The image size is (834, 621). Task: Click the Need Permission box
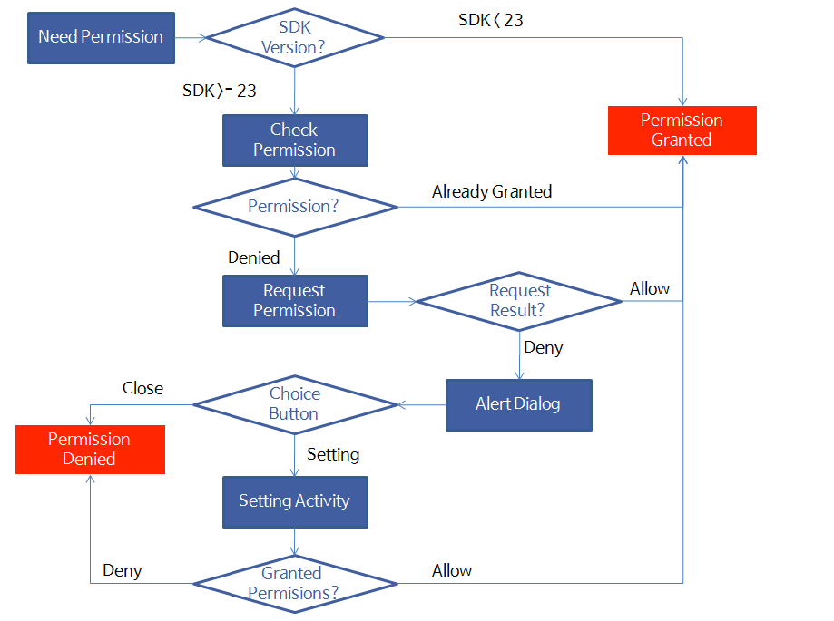101,37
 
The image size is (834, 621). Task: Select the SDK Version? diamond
294,37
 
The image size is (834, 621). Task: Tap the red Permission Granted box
682,130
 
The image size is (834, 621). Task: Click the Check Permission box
295,140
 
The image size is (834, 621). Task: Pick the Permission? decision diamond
294,207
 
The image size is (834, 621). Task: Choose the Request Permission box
295,301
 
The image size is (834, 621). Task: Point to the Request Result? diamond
519,300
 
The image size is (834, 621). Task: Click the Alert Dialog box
518,404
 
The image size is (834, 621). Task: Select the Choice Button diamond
294,404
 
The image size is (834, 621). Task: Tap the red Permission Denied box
90,449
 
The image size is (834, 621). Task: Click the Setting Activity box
295,501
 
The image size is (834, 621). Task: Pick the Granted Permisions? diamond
294,583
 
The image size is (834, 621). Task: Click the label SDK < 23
490,20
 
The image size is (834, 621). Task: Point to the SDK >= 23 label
219,91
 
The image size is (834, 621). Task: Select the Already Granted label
492,191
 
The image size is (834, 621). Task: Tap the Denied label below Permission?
254,257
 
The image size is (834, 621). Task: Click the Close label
143,388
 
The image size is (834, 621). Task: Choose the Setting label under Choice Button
333,454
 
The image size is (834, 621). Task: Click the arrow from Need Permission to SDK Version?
191,37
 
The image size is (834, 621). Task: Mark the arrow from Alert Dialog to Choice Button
421,404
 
